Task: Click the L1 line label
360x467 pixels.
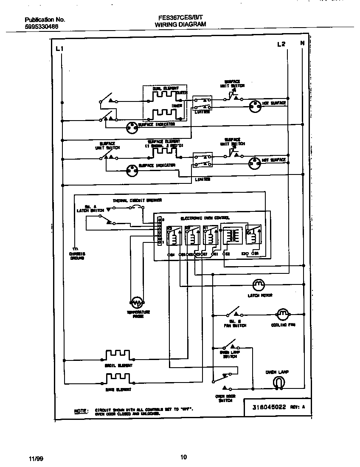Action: (59, 49)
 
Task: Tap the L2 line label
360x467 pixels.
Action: (281, 44)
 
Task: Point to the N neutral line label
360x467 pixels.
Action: (302, 43)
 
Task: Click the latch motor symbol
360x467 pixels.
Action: (259, 284)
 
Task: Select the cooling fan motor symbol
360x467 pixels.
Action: (282, 315)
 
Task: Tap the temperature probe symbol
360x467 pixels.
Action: (137, 303)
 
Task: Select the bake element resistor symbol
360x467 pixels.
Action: (118, 377)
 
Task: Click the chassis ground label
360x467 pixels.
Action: (77, 256)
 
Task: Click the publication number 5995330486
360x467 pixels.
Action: (42, 26)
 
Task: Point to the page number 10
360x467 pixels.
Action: (183, 457)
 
